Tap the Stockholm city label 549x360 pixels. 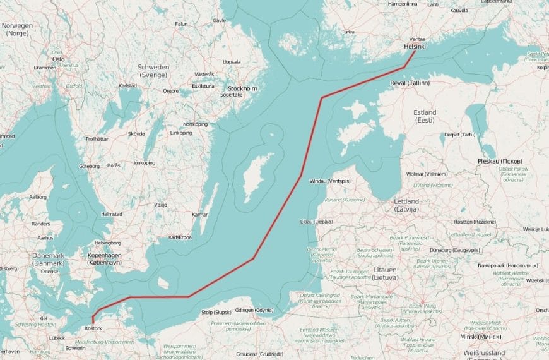(242, 88)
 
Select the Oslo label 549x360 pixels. (59, 59)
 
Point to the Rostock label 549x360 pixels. (93, 328)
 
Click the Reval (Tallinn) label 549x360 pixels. (410, 83)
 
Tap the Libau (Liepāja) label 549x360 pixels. (317, 222)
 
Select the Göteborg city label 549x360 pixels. (90, 166)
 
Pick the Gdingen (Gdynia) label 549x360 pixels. (256, 311)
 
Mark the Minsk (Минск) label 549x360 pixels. (480, 337)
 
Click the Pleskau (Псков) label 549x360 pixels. (500, 161)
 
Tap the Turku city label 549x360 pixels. (347, 31)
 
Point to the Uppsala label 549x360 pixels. (232, 62)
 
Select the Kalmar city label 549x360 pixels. (199, 215)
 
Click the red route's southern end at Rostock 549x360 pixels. (92, 322)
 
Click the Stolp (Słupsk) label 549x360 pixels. (216, 312)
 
